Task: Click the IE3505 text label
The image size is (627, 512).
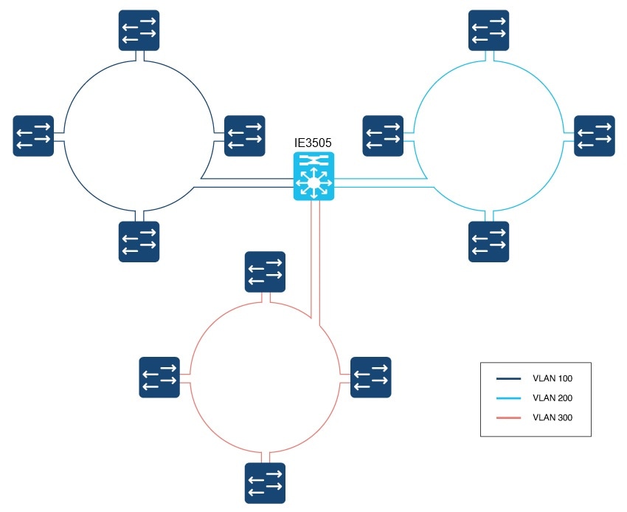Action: tap(313, 143)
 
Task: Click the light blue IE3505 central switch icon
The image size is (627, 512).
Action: tap(314, 176)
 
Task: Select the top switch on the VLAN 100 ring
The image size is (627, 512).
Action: tap(139, 30)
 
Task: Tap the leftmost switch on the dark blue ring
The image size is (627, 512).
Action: tap(33, 136)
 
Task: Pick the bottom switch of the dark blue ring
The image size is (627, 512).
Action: tap(139, 242)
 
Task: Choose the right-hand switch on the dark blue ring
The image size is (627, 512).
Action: tap(245, 136)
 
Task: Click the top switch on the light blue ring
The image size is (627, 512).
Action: tap(488, 30)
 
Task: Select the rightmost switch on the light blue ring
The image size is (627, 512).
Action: tap(595, 136)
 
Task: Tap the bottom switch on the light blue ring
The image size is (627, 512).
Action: tap(488, 242)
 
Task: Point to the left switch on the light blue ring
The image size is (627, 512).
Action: tap(383, 136)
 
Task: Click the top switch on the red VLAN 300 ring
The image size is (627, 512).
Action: tap(265, 272)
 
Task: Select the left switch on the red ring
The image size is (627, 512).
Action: tap(159, 378)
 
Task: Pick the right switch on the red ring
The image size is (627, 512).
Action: tap(371, 378)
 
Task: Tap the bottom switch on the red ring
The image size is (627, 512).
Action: tap(265, 483)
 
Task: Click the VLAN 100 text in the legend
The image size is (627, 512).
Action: tap(552, 378)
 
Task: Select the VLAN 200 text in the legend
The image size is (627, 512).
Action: tap(552, 397)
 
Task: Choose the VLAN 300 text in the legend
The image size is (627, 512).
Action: tap(552, 417)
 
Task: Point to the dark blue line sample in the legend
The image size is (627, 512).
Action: tap(509, 378)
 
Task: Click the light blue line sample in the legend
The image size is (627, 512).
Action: tap(509, 397)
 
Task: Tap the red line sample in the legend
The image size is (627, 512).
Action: tap(509, 418)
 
